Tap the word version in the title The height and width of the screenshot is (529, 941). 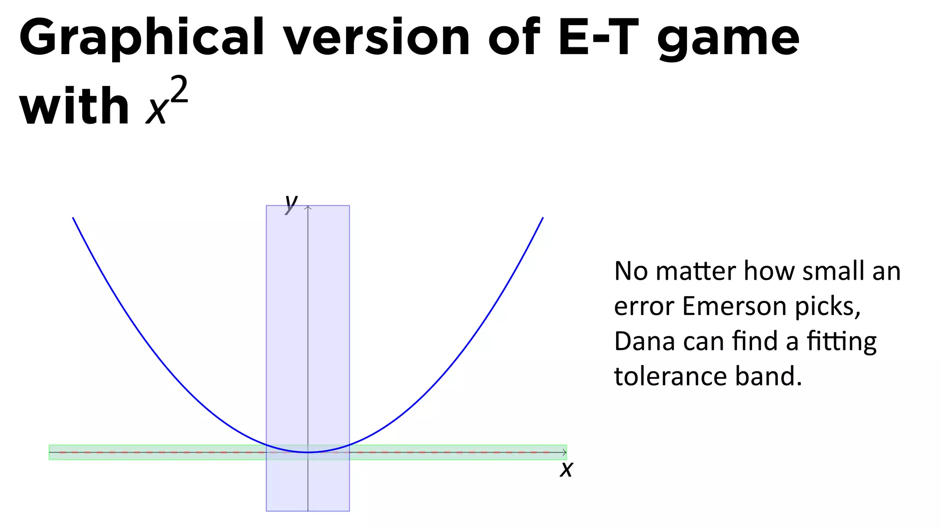[x=376, y=38]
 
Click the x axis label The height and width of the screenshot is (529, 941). [x=567, y=469]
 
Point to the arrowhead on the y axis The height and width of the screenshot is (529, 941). [x=308, y=208]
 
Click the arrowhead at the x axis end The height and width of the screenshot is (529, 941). [x=565, y=452]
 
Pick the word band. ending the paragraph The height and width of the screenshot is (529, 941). [x=768, y=376]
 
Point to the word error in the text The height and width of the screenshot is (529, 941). [x=644, y=307]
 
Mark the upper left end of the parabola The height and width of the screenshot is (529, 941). [x=73, y=218]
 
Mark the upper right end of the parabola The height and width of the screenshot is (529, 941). [x=543, y=218]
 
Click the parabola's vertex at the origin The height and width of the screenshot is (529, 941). [x=308, y=452]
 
